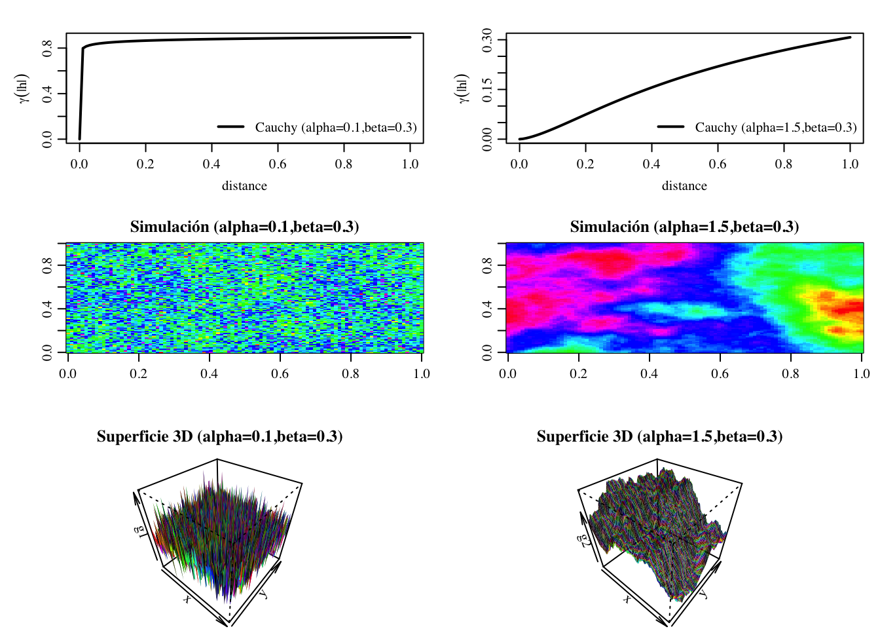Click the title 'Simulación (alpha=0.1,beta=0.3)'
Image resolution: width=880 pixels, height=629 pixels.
click(244, 227)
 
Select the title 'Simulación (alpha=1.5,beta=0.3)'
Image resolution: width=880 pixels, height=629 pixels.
click(684, 227)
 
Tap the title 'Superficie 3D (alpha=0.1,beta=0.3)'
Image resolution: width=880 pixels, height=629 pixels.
click(219, 436)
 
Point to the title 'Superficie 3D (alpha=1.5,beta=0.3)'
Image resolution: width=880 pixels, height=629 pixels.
click(659, 436)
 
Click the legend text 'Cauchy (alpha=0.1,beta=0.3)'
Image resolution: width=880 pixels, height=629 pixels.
click(336, 127)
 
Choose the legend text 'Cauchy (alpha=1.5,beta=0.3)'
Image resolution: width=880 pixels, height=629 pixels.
click(776, 127)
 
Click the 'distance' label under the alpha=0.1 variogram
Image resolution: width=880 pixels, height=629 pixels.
click(244, 185)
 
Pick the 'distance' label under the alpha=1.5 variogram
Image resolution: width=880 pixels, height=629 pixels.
click(684, 185)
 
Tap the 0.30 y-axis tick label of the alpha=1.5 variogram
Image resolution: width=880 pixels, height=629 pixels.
click(487, 40)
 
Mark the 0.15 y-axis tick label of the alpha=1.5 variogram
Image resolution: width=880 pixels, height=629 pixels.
click(487, 90)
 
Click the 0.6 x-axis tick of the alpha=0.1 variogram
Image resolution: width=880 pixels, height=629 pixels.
click(278, 164)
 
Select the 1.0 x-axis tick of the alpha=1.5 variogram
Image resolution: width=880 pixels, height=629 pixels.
click(850, 164)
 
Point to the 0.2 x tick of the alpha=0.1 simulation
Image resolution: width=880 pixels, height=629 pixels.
click(138, 373)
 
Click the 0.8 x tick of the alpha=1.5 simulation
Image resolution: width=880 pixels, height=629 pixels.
click(790, 373)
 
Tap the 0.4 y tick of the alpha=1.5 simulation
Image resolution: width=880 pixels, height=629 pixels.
click(487, 309)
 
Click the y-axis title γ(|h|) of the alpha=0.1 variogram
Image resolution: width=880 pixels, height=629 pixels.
click(23, 88)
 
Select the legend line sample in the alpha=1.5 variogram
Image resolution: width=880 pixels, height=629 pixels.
click(670, 126)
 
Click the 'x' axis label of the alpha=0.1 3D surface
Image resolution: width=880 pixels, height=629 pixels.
click(187, 598)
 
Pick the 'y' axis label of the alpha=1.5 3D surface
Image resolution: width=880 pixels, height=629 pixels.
click(703, 594)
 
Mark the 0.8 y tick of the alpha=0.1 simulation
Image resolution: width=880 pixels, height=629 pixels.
click(47, 265)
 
